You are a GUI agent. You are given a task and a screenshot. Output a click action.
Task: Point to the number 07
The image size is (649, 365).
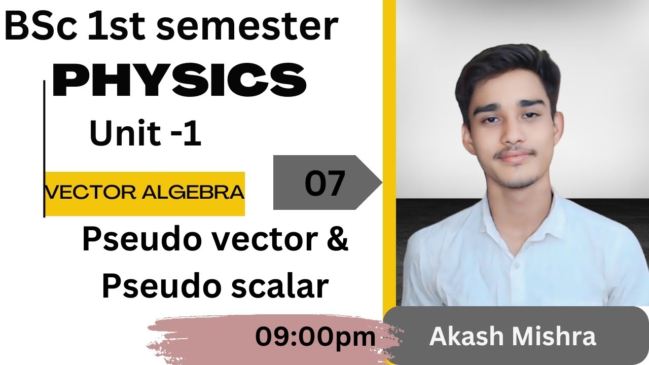[325, 184]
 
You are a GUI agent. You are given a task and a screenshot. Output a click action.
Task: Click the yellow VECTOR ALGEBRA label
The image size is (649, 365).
[145, 193]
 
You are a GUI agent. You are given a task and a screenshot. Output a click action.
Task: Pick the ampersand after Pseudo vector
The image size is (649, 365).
[336, 240]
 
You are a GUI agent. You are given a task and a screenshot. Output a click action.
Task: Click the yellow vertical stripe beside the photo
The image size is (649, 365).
[389, 152]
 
